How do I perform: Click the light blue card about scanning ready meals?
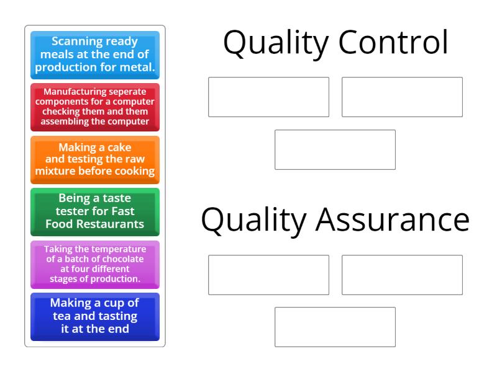[95, 55]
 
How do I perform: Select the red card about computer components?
[95, 107]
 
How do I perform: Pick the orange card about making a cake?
[95, 159]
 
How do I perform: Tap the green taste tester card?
[95, 211]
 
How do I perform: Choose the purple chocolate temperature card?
[95, 264]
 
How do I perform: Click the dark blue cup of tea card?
[95, 316]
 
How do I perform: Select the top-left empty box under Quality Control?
[268, 97]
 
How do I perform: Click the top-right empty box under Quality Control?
[402, 97]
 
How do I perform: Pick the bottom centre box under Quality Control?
[335, 149]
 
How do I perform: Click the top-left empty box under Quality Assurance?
[268, 275]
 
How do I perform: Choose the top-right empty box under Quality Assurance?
[402, 275]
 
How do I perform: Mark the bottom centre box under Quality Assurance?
[335, 327]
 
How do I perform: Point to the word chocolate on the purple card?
[124, 259]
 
